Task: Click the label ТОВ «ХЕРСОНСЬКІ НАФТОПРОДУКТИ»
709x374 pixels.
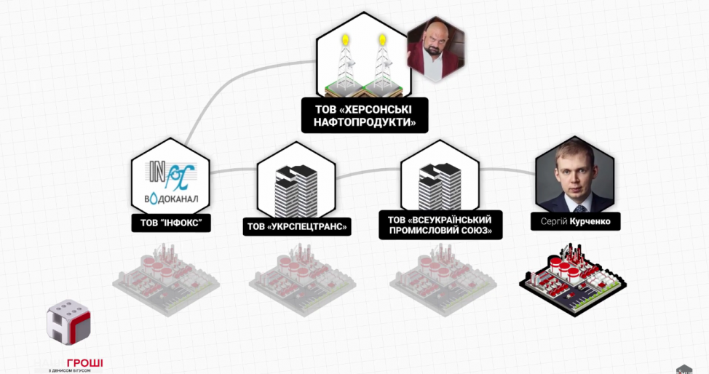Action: (x=364, y=116)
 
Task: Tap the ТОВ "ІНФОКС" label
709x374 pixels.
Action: (x=171, y=221)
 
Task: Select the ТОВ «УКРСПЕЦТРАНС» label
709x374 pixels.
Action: (x=297, y=227)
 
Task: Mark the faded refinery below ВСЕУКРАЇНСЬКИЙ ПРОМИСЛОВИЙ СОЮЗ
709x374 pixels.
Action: (x=439, y=283)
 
